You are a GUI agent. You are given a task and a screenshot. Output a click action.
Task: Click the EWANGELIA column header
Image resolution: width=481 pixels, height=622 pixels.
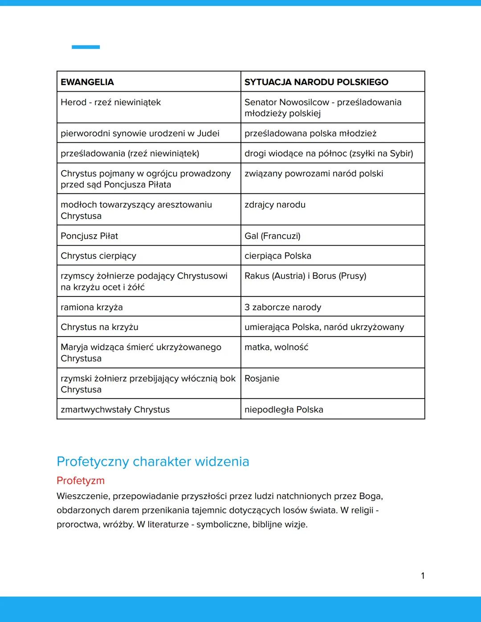point(87,82)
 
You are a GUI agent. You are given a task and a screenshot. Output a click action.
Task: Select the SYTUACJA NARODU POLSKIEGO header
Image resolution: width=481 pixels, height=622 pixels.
point(316,82)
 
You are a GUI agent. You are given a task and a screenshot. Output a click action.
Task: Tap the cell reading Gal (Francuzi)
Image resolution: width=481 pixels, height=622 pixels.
point(273,236)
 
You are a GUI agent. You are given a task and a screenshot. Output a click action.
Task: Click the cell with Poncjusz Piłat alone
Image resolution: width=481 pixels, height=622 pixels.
point(90,236)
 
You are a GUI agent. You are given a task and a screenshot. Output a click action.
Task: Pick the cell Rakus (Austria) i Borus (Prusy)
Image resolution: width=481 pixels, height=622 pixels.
point(306,276)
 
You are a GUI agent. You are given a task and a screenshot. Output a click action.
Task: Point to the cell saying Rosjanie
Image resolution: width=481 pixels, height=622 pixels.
point(262,379)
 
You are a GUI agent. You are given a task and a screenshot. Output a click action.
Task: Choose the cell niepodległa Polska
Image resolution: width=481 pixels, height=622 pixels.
point(284,410)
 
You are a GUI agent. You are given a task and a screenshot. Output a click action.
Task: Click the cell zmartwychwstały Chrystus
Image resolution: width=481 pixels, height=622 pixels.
point(115,410)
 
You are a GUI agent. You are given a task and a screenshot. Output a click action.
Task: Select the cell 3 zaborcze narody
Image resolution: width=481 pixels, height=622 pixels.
point(283,307)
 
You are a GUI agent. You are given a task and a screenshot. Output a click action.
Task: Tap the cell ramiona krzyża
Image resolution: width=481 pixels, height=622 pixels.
point(92,307)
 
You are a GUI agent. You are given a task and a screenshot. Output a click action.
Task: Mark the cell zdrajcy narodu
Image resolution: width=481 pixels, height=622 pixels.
point(275,205)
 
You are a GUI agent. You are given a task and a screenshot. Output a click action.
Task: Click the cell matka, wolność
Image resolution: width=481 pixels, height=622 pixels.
point(276,347)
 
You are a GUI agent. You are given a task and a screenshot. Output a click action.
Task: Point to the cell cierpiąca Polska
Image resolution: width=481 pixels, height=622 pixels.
point(278,256)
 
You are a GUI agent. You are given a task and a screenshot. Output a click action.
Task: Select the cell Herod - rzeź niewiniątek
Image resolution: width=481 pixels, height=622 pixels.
point(111,102)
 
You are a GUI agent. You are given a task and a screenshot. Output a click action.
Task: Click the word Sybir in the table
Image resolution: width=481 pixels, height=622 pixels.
point(401,154)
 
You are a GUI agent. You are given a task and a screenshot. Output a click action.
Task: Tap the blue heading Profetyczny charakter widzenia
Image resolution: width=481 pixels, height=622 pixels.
point(153,462)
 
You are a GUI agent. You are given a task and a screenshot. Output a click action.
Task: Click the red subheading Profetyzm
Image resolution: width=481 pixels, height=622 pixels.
point(81,481)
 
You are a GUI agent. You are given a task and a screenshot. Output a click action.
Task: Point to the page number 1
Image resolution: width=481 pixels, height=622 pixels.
point(423,576)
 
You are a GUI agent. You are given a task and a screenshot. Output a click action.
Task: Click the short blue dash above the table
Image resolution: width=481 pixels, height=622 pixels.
point(86,47)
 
